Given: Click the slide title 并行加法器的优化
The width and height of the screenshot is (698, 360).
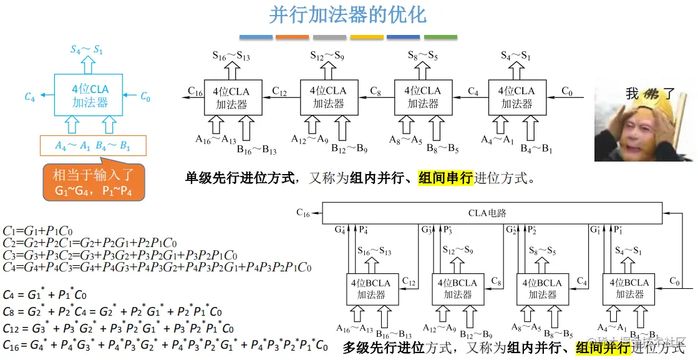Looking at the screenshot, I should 347,14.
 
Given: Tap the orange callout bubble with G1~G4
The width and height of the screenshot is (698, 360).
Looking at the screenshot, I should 94,183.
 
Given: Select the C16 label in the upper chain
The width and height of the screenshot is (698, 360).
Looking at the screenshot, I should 195,92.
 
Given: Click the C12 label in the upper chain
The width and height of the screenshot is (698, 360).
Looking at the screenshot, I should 279,92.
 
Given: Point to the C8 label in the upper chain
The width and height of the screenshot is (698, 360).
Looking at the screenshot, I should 375,92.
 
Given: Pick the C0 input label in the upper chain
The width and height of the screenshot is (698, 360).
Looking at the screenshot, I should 566,92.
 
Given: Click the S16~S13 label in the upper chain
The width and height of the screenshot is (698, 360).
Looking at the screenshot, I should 232,56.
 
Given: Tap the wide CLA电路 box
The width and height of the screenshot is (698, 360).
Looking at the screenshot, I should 492,213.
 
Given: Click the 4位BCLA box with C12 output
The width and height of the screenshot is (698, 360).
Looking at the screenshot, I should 372,289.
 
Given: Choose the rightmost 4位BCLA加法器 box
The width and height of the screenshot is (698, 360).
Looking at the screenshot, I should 629,289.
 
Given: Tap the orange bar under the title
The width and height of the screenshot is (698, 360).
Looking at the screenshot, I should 293,37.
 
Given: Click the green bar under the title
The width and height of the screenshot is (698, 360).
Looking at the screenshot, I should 440,37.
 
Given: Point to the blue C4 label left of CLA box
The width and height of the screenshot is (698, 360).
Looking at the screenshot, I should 29,97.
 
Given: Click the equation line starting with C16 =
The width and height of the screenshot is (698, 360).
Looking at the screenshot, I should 165,344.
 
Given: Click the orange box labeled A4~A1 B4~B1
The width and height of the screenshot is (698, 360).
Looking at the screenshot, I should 93,147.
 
